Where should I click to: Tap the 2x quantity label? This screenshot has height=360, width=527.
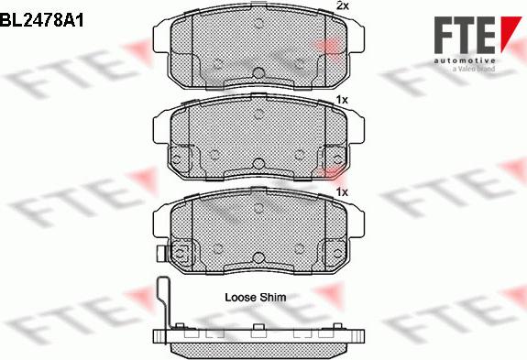point(342,6)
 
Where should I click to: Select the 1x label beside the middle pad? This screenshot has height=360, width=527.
point(342,98)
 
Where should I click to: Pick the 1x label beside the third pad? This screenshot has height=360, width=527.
point(342,192)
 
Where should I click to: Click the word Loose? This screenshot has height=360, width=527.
point(241,298)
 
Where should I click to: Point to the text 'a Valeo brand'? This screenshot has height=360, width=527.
point(467,66)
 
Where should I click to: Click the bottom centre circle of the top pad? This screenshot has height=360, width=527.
point(258,74)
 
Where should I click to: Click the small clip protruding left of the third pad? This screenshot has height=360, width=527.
point(159,254)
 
